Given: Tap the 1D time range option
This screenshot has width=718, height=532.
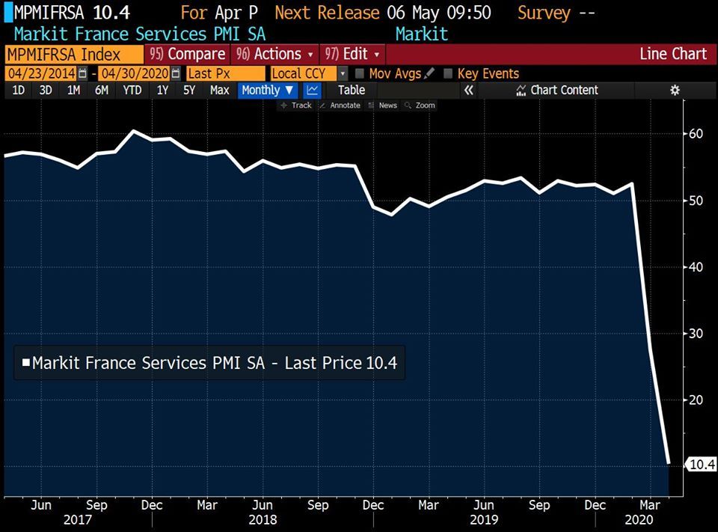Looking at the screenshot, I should click(18, 91).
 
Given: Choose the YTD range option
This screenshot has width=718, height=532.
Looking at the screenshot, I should click(132, 91).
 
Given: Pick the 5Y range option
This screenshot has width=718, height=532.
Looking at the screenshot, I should click(189, 91).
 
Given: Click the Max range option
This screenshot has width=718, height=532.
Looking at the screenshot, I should click(219, 91).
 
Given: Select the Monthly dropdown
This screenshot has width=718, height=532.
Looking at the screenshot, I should click(267, 91).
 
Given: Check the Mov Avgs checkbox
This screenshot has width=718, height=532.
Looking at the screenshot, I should click(360, 73).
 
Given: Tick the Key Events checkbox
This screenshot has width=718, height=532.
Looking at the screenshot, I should click(449, 73).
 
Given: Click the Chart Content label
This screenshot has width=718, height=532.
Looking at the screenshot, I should click(564, 91).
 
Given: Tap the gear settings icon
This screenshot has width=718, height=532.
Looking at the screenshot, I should click(675, 91).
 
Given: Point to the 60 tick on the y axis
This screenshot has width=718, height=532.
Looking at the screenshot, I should click(696, 134).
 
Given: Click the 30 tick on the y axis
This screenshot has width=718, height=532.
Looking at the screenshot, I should click(696, 333).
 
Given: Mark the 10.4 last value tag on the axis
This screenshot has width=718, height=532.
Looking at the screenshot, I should click(701, 465).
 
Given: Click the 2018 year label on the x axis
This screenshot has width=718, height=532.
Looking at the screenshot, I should click(263, 519).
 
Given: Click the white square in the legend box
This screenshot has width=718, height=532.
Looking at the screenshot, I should click(26, 363).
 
